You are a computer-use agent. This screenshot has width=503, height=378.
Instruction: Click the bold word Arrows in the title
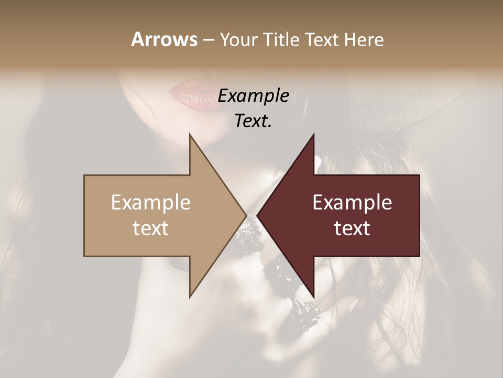click(x=164, y=39)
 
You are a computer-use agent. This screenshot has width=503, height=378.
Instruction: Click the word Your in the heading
click(x=239, y=39)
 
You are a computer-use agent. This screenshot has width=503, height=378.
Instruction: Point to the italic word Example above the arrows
click(x=253, y=96)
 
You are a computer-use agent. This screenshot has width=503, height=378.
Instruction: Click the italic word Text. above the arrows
click(x=253, y=121)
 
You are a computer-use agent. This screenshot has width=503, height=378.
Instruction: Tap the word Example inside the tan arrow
click(x=151, y=203)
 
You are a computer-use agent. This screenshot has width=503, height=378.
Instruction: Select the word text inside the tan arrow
click(x=151, y=228)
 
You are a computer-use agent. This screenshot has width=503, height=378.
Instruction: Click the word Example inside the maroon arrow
click(x=352, y=203)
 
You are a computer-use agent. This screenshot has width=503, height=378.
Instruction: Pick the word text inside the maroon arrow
click(x=352, y=228)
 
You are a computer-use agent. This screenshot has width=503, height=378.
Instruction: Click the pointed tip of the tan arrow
click(x=246, y=215)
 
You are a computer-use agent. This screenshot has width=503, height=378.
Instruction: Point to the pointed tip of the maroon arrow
click(x=257, y=215)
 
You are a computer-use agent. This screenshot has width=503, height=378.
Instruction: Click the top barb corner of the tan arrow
click(x=190, y=135)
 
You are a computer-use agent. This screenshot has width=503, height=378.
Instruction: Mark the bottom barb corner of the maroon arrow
click(x=313, y=297)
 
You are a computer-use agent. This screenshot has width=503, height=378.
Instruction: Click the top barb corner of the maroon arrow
click(x=313, y=135)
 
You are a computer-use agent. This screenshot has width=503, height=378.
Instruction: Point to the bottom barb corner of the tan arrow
click(x=190, y=297)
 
